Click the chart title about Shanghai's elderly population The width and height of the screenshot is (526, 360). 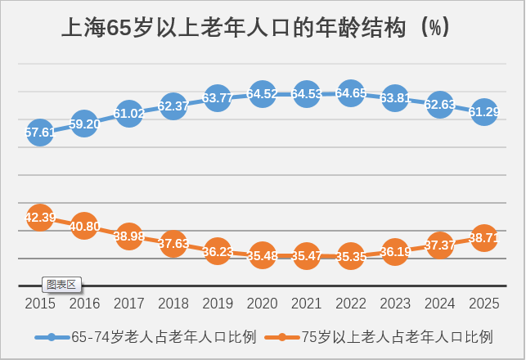254,28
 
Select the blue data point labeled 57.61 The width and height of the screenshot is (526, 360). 40,132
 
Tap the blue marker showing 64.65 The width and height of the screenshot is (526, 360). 351,93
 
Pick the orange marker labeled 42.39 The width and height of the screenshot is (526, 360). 40,218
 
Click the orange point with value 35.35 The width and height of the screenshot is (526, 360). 351,256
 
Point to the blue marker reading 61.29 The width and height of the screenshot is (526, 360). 484,112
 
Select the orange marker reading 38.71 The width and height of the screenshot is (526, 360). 484,238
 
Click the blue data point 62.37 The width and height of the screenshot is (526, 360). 173,106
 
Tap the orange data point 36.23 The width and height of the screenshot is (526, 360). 218,252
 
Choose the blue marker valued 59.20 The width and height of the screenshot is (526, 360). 84,124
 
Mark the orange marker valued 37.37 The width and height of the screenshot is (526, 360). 440,245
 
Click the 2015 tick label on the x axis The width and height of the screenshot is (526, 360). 40,304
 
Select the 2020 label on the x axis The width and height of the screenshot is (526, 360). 262,304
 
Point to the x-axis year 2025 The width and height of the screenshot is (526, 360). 484,304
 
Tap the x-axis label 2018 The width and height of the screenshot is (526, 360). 173,304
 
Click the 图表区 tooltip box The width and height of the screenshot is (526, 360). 61,285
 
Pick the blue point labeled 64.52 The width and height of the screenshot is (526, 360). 262,94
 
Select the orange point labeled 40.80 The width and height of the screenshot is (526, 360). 84,226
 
